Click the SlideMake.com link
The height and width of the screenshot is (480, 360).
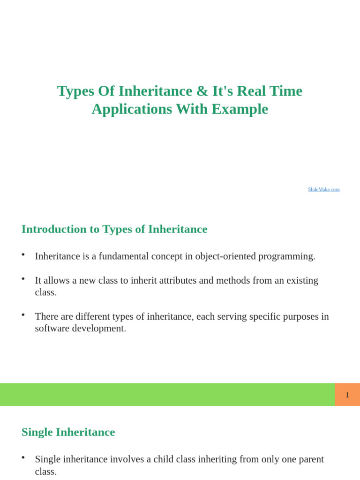point(323,189)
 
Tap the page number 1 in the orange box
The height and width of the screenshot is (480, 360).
point(347,395)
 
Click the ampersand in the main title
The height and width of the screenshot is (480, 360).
point(202,91)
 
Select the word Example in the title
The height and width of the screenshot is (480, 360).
point(240,109)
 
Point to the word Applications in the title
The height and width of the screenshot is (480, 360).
point(132,109)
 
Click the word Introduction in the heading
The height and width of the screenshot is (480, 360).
point(54,229)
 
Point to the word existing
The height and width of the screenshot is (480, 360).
point(302,281)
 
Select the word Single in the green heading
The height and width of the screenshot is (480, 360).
point(37,432)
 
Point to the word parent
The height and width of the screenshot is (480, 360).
point(310,459)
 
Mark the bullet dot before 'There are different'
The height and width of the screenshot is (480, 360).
point(23,315)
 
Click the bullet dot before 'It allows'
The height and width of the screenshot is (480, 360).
point(23,278)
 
